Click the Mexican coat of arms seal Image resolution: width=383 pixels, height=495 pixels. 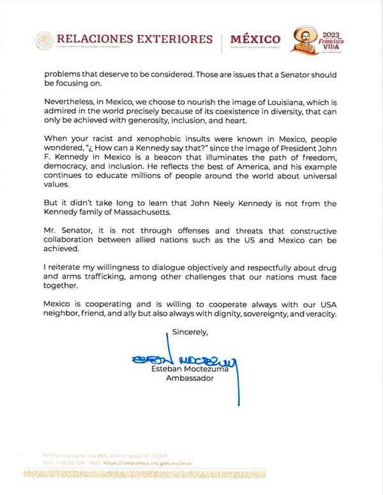(x=44, y=40)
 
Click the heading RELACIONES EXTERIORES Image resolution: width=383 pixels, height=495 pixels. (x=134, y=39)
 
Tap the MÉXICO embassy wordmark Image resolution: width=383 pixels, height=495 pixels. (x=255, y=40)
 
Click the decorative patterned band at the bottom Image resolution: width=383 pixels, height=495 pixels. (x=144, y=475)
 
